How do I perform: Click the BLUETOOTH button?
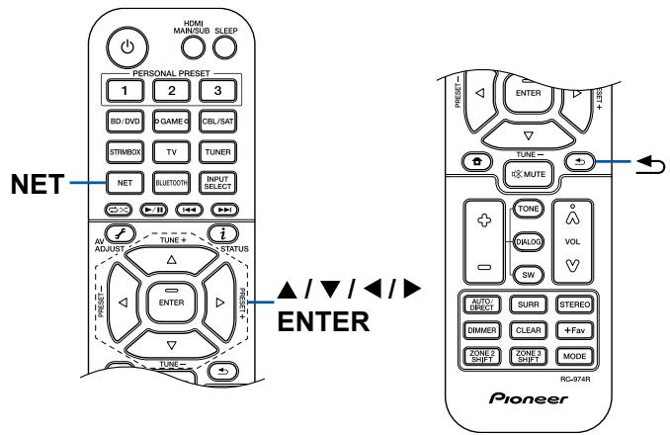(172, 182)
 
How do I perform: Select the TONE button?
(530, 210)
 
